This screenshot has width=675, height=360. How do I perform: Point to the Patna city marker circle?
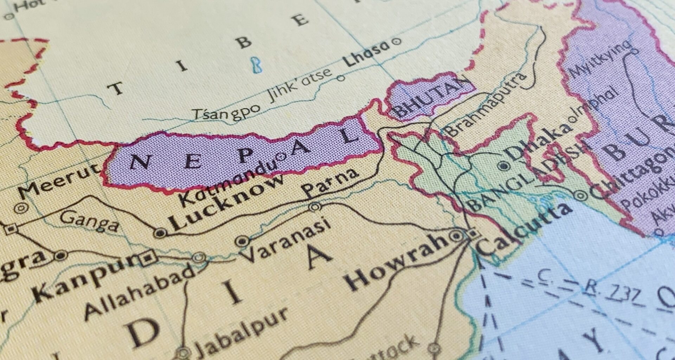(x=315, y=207)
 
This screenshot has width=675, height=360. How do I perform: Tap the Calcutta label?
(x=524, y=229)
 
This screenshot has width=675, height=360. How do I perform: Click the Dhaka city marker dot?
(x=504, y=166)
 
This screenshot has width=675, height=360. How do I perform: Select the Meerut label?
(x=58, y=181)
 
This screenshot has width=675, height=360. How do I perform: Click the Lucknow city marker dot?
(x=160, y=232)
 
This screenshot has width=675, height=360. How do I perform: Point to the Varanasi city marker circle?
(x=242, y=241)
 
